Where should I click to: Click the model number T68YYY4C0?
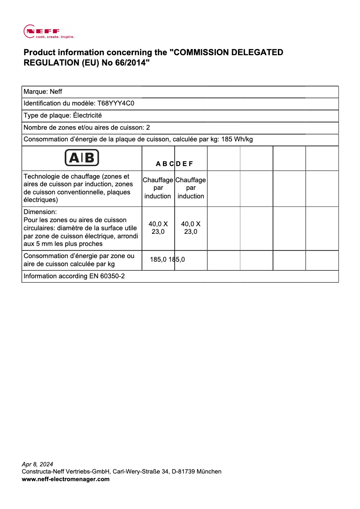(x=116, y=104)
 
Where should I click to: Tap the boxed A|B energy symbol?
(x=82, y=158)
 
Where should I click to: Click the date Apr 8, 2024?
(x=37, y=464)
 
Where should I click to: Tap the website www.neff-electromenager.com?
(x=66, y=479)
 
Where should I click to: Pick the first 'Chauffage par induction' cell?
(x=158, y=188)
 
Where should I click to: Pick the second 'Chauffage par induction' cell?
(x=191, y=188)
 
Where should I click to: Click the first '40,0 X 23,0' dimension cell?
(x=158, y=228)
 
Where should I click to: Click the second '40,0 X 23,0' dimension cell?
(x=191, y=228)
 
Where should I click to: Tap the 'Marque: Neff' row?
(x=43, y=92)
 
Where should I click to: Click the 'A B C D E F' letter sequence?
(x=174, y=164)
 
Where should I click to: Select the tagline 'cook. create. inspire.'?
(x=55, y=37)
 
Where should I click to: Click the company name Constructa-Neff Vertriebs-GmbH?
(x=66, y=472)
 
